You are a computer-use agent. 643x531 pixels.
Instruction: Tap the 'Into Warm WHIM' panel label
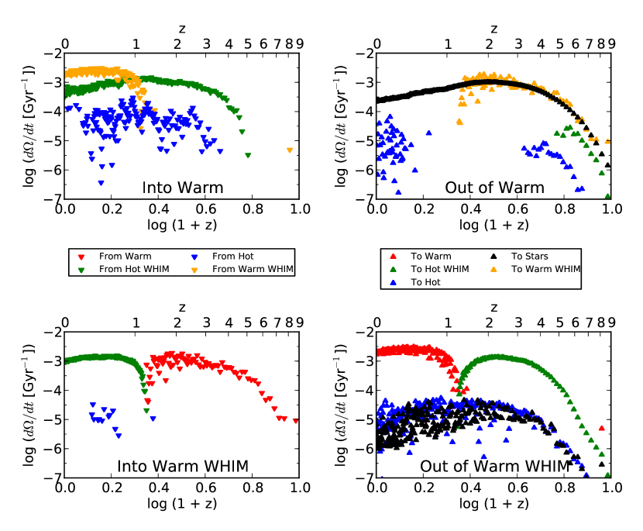(183, 466)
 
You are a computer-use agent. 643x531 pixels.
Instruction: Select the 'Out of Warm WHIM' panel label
(494, 466)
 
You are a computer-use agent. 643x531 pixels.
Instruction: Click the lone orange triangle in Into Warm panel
(289, 150)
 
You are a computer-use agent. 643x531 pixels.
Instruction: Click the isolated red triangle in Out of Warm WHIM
(601, 428)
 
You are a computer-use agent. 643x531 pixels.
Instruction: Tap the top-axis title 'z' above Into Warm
(182, 29)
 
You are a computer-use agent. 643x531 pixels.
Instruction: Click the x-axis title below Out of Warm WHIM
(493, 503)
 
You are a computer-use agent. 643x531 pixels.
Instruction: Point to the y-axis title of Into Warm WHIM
(26, 405)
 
